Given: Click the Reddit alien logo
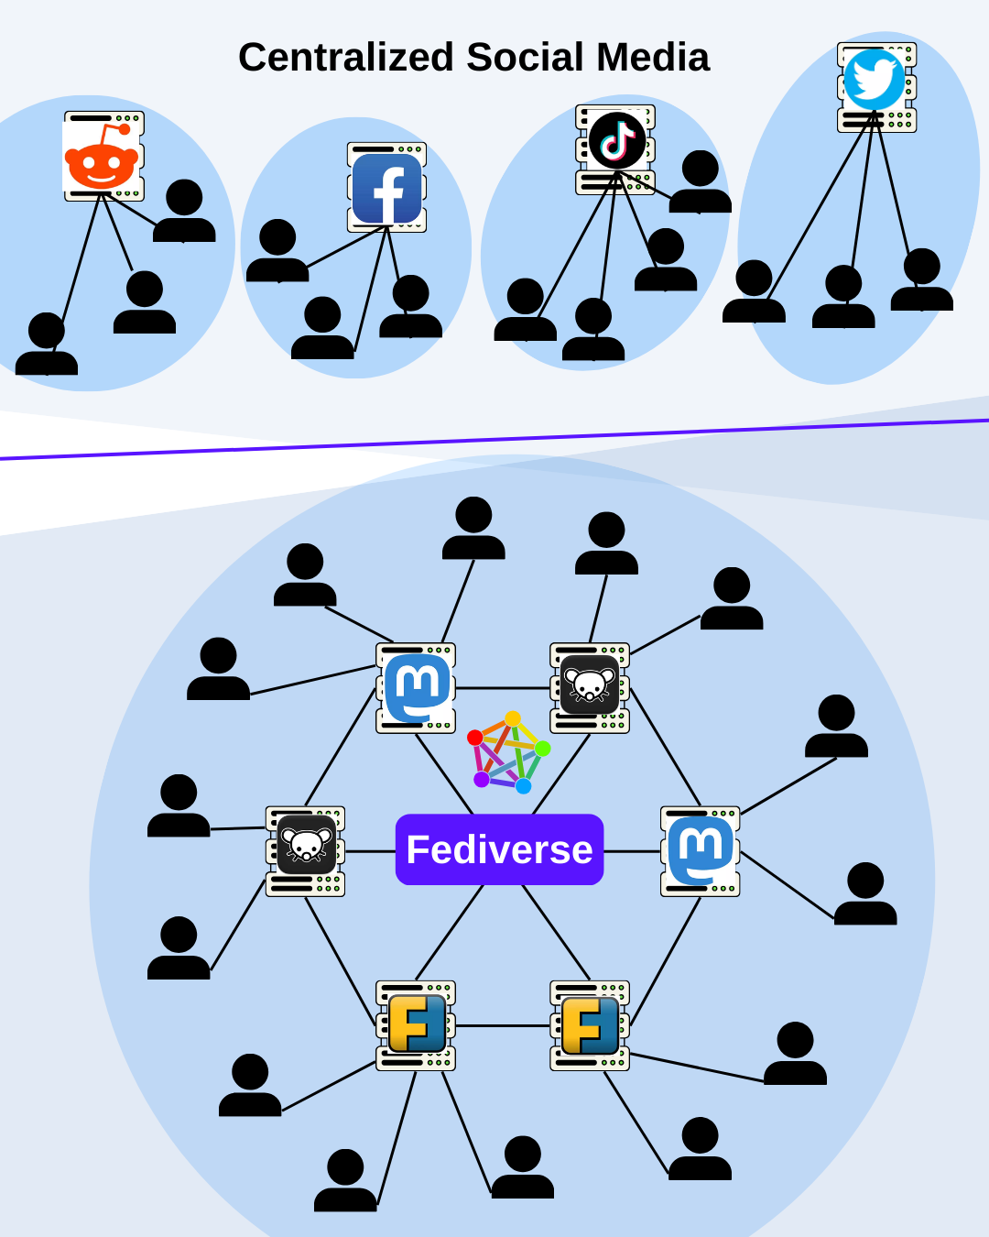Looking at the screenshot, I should (x=102, y=159).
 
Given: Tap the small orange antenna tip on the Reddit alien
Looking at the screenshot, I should (x=125, y=129).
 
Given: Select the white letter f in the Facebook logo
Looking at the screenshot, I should (x=388, y=192).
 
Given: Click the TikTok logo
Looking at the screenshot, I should (x=616, y=140).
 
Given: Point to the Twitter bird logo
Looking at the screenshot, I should (x=874, y=80).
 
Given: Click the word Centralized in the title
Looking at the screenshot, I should (x=346, y=58).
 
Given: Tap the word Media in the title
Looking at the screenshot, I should (x=653, y=58).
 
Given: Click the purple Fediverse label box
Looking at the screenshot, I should (x=499, y=849).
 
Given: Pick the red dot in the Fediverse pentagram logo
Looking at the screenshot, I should (x=475, y=738).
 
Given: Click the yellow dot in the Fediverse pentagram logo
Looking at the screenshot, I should (x=513, y=718).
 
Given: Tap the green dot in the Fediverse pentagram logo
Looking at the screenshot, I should (x=543, y=749).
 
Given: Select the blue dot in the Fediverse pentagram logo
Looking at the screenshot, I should (x=524, y=786).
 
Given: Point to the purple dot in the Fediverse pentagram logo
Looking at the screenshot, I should (x=482, y=779).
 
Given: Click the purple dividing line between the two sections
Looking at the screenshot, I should (x=494, y=440).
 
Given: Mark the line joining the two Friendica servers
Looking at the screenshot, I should (x=502, y=1025).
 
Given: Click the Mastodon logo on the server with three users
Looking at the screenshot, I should (x=417, y=687).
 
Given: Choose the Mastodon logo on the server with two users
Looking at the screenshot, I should (x=701, y=850).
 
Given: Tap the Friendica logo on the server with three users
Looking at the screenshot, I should (x=417, y=1024).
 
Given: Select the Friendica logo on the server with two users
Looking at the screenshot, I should (x=590, y=1025).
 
